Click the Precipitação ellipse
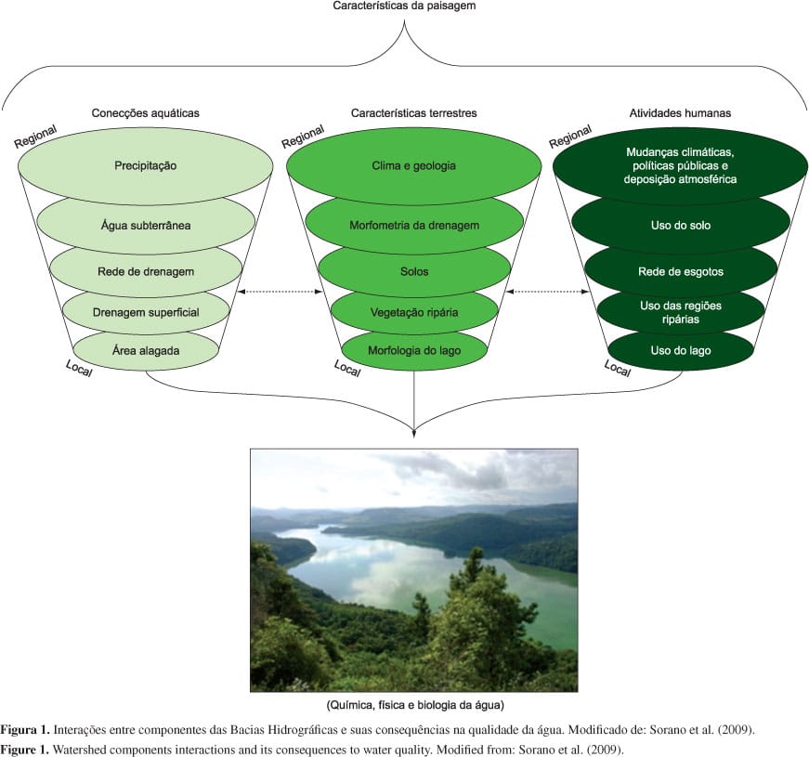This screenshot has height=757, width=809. [146, 166]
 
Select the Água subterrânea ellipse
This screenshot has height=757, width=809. [146, 224]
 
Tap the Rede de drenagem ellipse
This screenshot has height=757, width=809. [146, 270]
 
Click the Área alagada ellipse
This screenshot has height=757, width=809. [146, 350]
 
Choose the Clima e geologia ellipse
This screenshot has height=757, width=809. [413, 166]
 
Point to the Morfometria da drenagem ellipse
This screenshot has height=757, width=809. [413, 224]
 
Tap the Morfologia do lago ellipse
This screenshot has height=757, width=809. [413, 349]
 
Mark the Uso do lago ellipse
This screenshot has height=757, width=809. [681, 349]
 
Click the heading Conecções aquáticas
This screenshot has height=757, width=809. [145, 112]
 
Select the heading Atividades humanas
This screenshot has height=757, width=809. [680, 112]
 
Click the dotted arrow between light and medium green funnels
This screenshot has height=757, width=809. [278, 292]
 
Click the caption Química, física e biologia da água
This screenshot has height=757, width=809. [414, 705]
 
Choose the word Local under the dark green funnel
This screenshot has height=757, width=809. [618, 368]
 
